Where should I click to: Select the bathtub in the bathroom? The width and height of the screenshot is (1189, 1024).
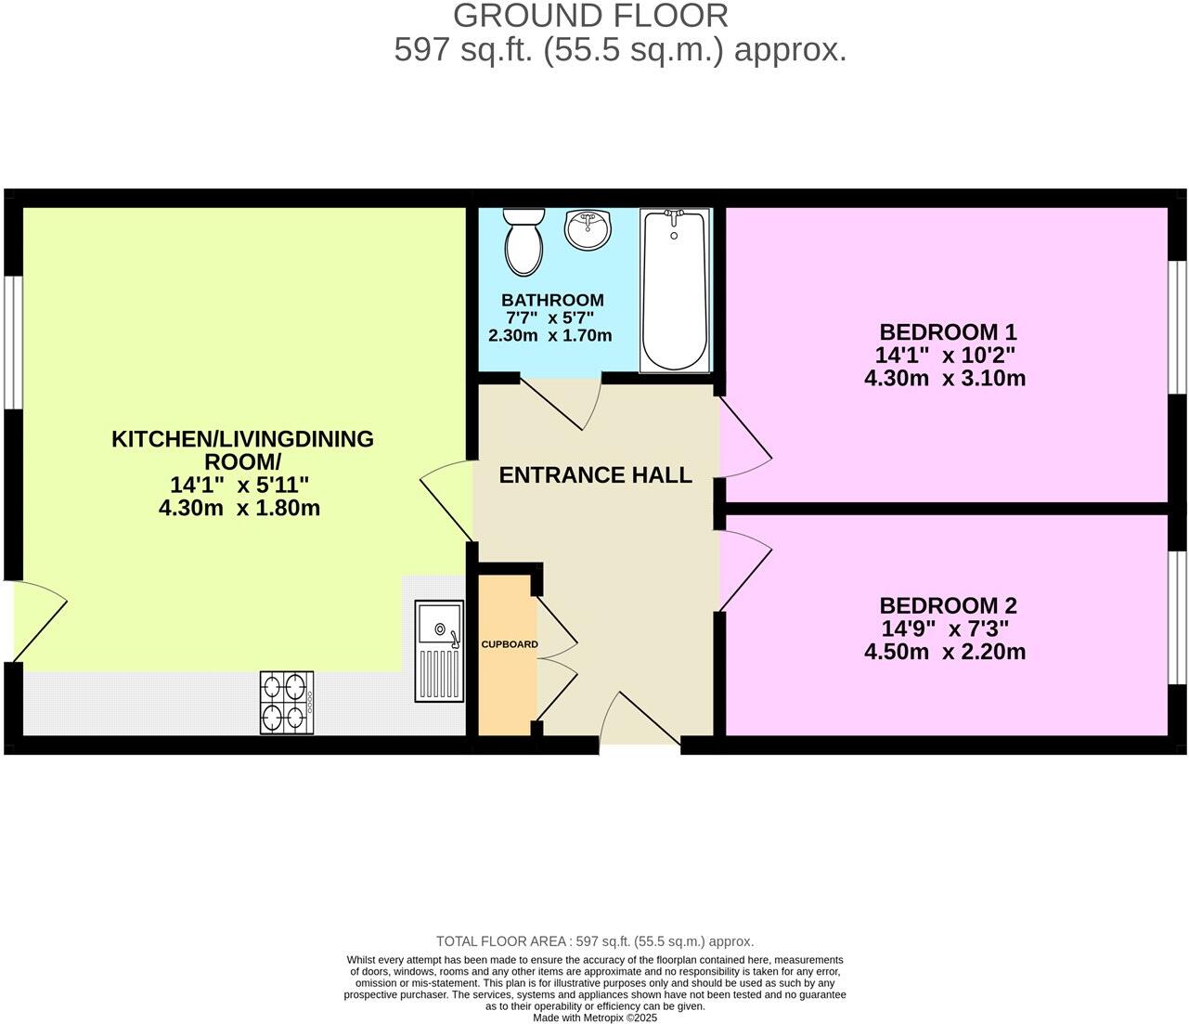click(x=675, y=291)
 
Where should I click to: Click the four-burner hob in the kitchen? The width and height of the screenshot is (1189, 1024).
click(x=286, y=703)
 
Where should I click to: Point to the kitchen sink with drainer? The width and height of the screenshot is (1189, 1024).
click(x=439, y=651)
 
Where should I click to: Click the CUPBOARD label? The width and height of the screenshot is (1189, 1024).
click(x=509, y=644)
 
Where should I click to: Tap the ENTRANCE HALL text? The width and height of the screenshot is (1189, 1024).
click(x=595, y=475)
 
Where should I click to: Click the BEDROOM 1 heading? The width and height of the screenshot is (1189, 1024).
click(x=948, y=331)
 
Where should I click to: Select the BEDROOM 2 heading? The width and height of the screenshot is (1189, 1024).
click(x=948, y=605)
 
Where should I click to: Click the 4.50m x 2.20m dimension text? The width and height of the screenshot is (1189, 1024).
click(x=944, y=652)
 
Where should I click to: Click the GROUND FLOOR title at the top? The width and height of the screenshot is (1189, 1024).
click(x=590, y=16)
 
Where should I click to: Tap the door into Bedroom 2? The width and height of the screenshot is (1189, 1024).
click(x=745, y=568)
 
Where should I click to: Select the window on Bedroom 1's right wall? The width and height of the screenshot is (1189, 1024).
click(x=1177, y=327)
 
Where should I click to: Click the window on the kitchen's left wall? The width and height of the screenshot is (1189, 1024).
click(x=11, y=342)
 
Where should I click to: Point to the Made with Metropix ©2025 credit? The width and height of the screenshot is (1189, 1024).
click(x=595, y=1018)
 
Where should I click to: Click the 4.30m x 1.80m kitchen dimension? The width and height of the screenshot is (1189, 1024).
click(x=239, y=508)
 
